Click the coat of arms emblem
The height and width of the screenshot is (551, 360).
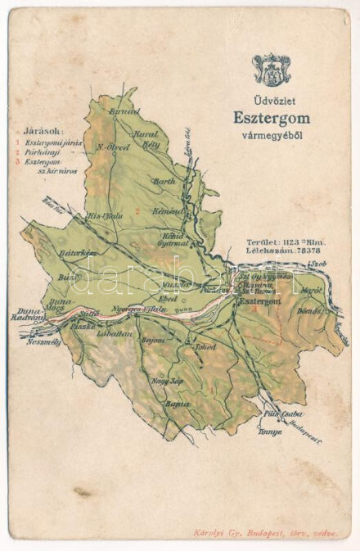tap(271, 70)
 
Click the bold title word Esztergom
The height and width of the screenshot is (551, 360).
tap(271, 119)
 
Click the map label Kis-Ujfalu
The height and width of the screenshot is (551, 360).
tap(104, 216)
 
